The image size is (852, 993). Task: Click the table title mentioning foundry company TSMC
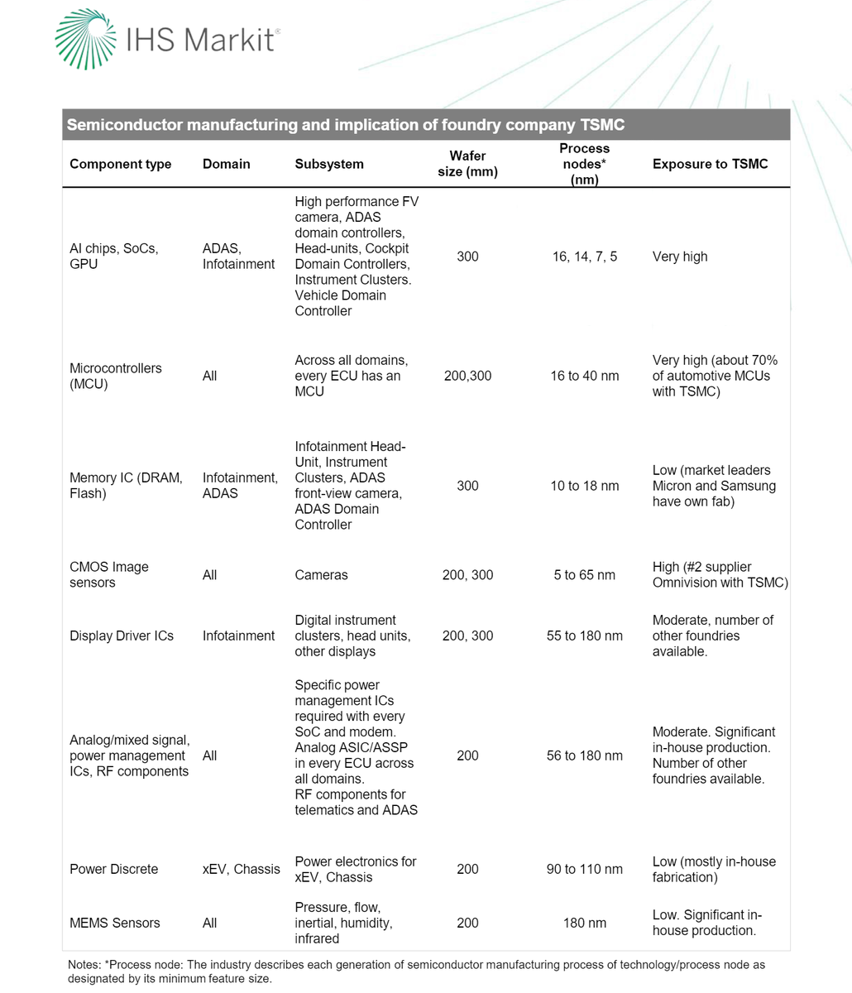click(x=345, y=125)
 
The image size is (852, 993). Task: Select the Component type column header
click(x=121, y=164)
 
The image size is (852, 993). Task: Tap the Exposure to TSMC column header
click(x=710, y=164)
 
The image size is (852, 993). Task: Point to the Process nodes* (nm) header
click(x=584, y=164)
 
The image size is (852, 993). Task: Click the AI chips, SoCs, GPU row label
click(x=114, y=257)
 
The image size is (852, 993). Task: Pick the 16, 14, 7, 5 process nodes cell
click(x=584, y=257)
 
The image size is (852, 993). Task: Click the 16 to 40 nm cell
click(x=584, y=376)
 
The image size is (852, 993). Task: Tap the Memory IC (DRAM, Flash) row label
click(x=126, y=486)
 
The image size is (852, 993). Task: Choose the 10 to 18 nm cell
click(x=584, y=486)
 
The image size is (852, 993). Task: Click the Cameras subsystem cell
click(x=322, y=575)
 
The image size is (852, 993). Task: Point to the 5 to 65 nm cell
click(x=584, y=575)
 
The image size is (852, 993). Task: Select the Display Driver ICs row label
click(x=122, y=636)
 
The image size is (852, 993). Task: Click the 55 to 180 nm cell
click(x=584, y=636)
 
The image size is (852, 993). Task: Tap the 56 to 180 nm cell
click(x=584, y=756)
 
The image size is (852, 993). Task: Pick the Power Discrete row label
click(x=113, y=869)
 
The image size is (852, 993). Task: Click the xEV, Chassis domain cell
click(x=241, y=869)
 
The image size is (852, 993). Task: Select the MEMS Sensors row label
click(x=115, y=923)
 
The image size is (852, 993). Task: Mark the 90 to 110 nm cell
click(x=584, y=869)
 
